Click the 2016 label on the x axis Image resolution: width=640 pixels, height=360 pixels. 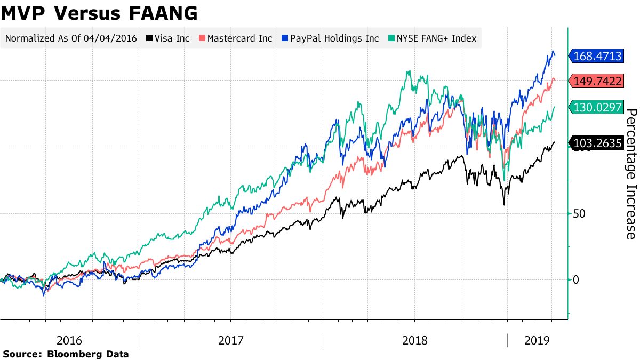tap(69, 340)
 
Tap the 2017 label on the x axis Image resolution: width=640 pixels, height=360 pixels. tap(231, 340)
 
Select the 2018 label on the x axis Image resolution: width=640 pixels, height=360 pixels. tap(414, 340)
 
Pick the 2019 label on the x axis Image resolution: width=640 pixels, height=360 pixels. tap(537, 340)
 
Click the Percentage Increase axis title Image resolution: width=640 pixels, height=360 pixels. tap(631, 174)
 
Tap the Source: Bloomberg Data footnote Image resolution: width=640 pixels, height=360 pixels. tap(66, 354)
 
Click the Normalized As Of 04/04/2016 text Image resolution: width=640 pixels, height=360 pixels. tap(71, 38)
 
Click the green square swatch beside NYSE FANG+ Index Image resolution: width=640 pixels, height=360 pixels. tap(390, 38)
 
